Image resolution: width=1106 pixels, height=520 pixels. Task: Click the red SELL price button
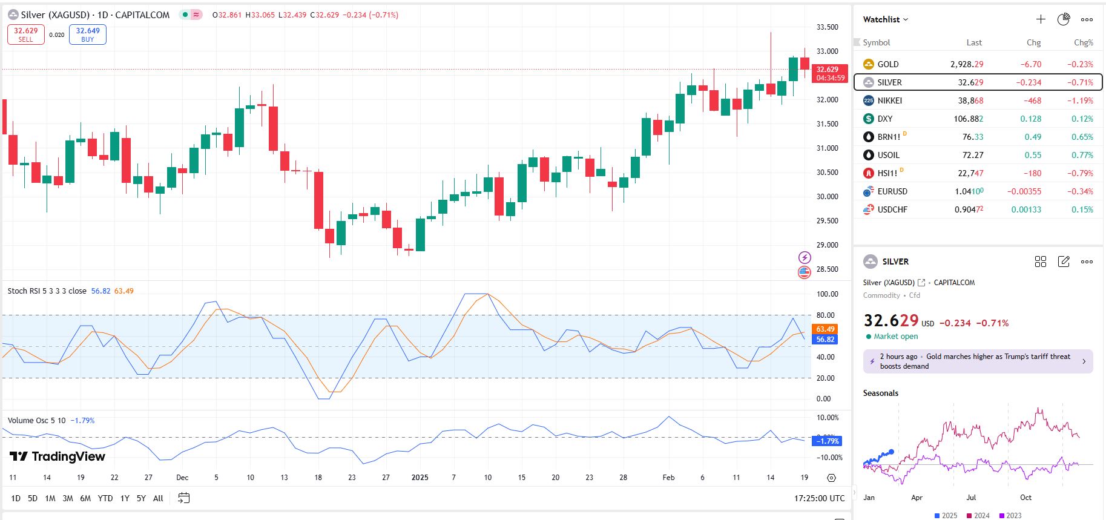coord(25,35)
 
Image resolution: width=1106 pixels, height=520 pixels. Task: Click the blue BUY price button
coord(88,35)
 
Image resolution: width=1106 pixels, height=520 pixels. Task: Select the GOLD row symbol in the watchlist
coord(887,64)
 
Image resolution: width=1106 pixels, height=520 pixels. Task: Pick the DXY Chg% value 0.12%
coord(1082,119)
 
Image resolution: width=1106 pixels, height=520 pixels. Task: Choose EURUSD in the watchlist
coord(892,191)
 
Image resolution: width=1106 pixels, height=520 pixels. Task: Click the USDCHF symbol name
coord(892,209)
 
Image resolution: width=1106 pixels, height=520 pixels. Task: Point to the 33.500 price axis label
coord(827,27)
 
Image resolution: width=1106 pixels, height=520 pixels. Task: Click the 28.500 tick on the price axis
coord(827,269)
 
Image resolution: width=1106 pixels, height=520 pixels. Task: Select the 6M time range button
coord(85,498)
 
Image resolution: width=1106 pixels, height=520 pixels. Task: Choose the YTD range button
coord(105,498)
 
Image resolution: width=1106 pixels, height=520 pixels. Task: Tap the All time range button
coord(158,498)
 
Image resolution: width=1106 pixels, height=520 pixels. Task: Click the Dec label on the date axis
coord(182,478)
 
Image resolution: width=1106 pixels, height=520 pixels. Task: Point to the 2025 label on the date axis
coord(420,478)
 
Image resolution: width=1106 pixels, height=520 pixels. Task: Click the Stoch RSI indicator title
coord(47,291)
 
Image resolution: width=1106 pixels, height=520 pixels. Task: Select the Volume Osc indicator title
coord(36,421)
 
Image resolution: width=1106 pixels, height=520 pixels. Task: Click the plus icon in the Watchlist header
coord(1041,19)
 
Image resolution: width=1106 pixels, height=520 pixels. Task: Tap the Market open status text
coord(895,337)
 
